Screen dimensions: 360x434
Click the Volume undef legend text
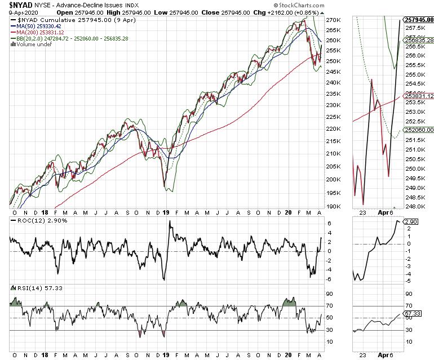(x=32, y=45)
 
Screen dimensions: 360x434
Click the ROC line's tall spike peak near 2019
(x=170, y=221)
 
